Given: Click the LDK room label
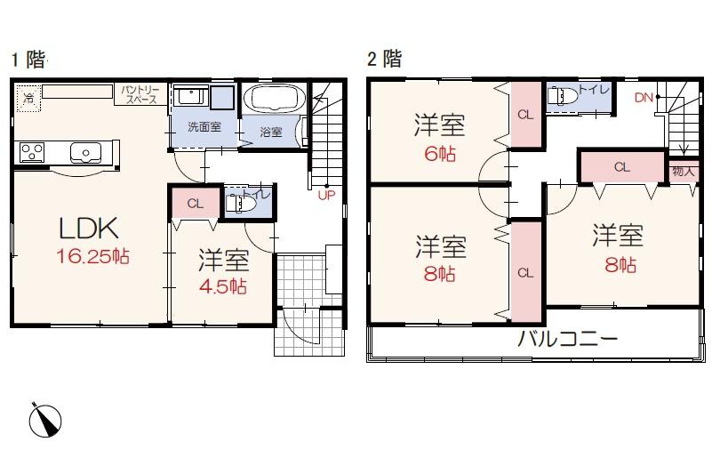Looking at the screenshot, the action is coord(89,228).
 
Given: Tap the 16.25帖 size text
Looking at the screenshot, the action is coord(93,256).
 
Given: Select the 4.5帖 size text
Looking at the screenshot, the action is coord(223,286).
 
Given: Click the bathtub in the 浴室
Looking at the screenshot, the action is coord(275,98).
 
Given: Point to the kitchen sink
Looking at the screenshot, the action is coord(85,152).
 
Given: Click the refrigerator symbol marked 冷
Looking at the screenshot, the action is coord(29,98).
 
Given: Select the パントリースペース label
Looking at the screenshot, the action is coord(140,94).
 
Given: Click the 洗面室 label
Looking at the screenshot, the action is coord(204,126).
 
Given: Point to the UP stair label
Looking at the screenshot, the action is coord(326,196).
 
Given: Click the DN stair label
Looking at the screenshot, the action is coord(644,98).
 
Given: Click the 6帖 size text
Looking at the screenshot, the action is coord(440,154).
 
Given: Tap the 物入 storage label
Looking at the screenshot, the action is coord(684,172).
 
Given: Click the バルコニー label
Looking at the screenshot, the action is coord(567,339).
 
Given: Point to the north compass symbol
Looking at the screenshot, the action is coord(45,420).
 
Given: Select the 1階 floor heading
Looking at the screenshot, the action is coord(28,60).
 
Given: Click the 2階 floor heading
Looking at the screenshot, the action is coord(385,59).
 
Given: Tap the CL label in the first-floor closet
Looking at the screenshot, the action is coord(196,204).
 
